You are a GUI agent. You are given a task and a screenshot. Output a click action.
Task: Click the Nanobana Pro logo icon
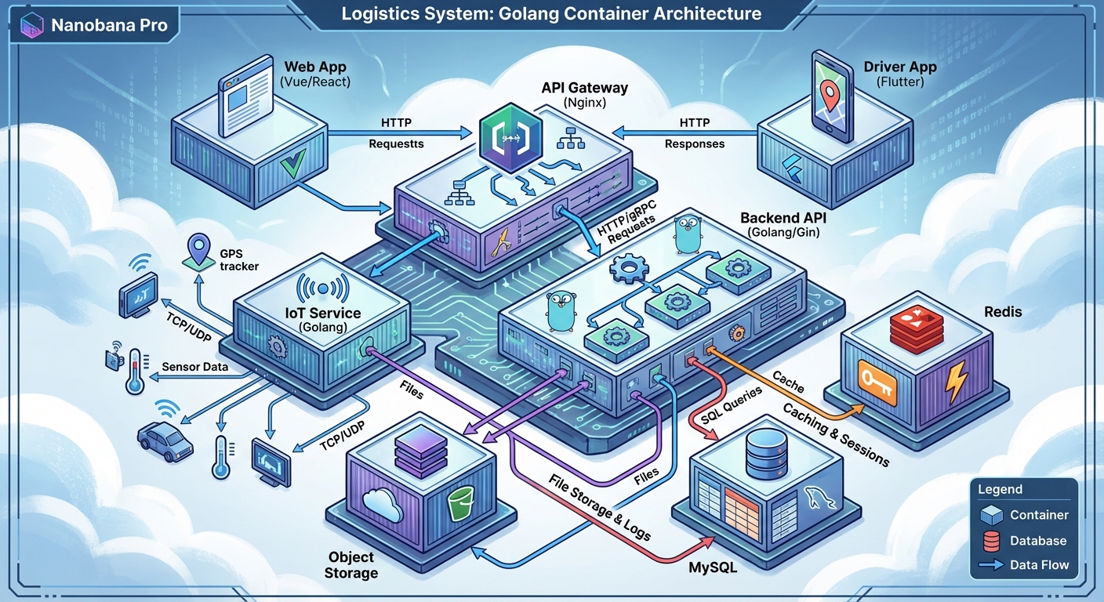pyautogui.click(x=31, y=25)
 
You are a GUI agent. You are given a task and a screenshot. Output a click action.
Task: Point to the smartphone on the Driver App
pyautogui.click(x=833, y=96)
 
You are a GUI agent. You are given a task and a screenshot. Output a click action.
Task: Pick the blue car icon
pyautogui.click(x=165, y=438)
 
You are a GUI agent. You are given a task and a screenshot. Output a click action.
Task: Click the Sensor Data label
pyautogui.click(x=194, y=367)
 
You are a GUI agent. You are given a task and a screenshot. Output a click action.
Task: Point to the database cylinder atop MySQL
pyautogui.click(x=766, y=453)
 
